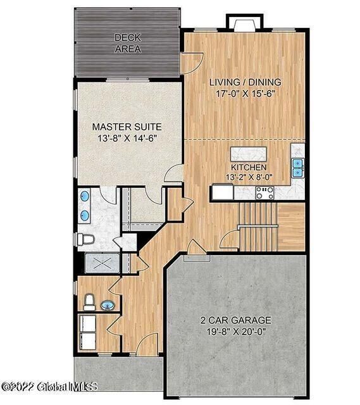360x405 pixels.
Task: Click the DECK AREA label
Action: point(127,43)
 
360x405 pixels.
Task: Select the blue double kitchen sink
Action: point(297,167)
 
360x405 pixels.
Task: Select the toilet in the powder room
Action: point(89,302)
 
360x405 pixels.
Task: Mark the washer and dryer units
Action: point(87,333)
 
